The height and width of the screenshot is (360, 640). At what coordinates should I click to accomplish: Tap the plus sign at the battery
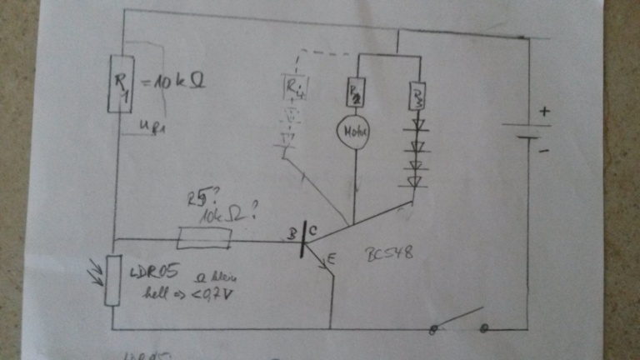544,111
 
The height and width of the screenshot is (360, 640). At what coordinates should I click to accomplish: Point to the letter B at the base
292,235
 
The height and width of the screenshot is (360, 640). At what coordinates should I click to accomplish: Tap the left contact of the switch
432,330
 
